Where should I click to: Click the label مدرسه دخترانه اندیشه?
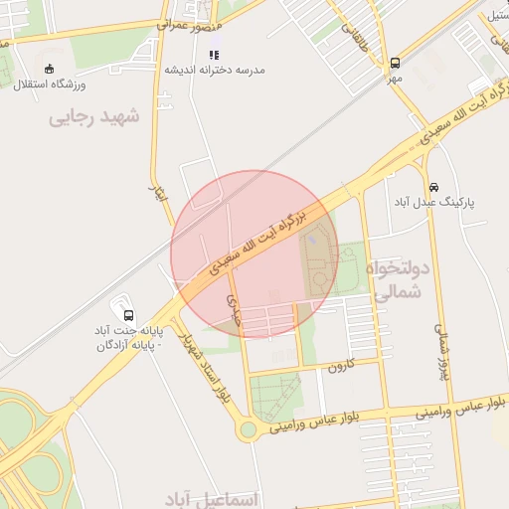coord(215,70)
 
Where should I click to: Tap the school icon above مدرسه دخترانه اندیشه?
coord(215,55)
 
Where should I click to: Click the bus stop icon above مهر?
coord(395,61)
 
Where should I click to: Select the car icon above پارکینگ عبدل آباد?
coord(434,187)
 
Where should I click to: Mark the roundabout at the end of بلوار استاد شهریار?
coord(248,429)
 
